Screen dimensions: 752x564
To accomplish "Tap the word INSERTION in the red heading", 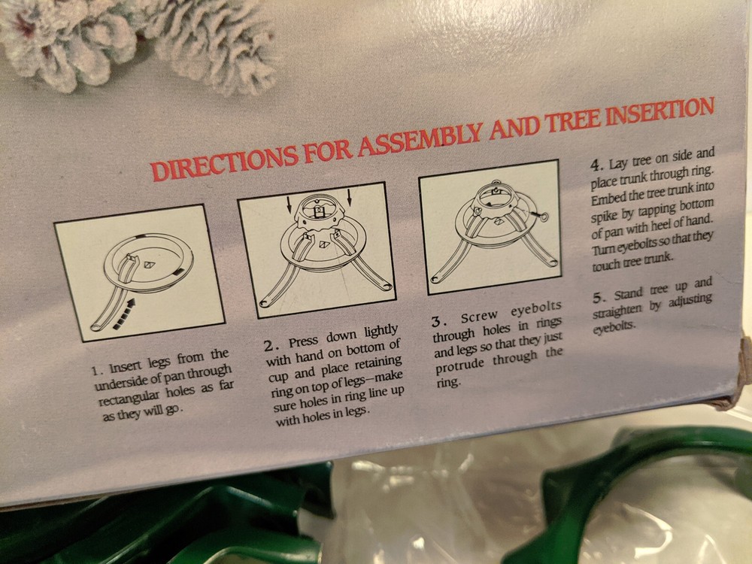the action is click(x=660, y=112).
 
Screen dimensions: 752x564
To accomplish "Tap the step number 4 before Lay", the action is click(x=596, y=166).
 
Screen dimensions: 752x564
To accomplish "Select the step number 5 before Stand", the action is click(x=598, y=297).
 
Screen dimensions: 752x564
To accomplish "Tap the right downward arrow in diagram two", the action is click(x=349, y=196).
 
